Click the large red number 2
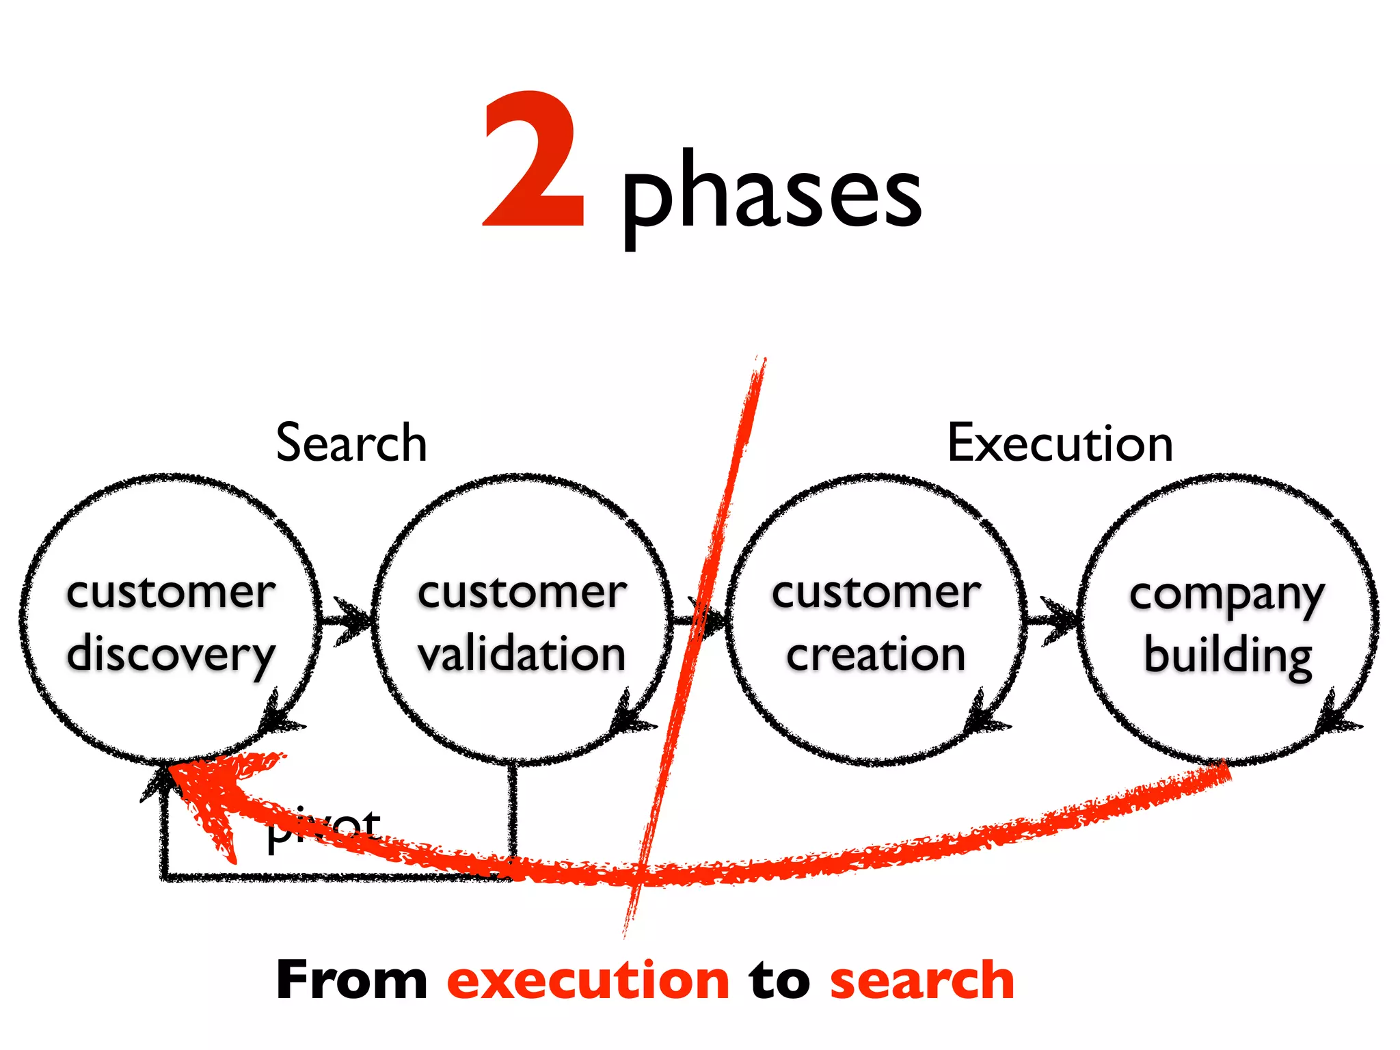pos(534,161)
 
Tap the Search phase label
pos(351,443)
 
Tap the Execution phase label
pos(1060,443)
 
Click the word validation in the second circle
pos(522,654)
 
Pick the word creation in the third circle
pos(876,654)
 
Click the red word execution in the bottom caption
pos(588,980)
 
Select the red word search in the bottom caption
pos(921,980)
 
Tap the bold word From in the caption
pos(351,980)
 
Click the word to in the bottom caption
pos(779,980)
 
